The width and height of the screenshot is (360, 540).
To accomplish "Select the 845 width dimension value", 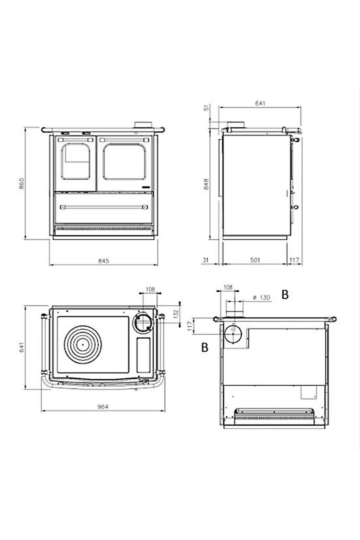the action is tap(103, 261).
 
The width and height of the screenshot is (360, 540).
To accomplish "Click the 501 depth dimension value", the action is tap(255, 260).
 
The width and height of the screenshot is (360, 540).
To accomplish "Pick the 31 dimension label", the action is tap(205, 260).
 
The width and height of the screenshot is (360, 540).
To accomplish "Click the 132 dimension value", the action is tap(176, 313).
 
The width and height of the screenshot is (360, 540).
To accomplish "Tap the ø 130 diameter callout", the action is tap(262, 298).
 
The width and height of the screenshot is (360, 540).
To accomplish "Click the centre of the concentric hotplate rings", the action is tap(82, 344).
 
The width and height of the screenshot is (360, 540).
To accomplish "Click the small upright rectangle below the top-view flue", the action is tap(144, 354).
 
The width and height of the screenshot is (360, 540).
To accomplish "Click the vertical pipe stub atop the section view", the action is tap(234, 309).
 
